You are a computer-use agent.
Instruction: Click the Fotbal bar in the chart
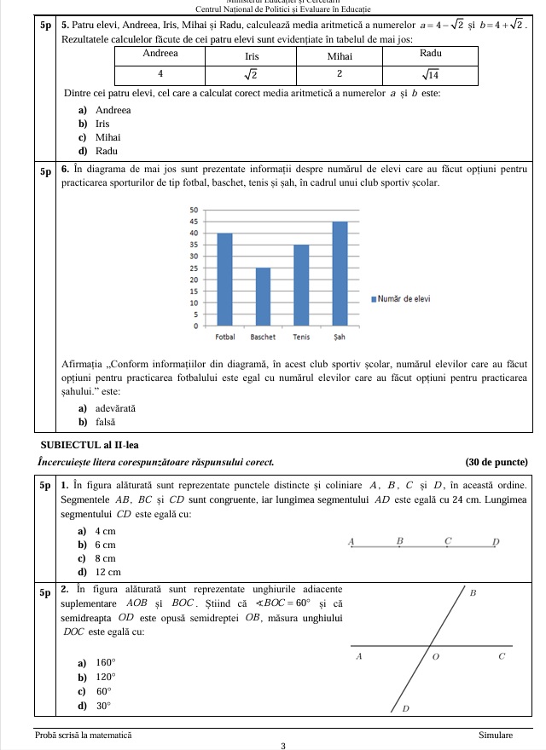(225, 280)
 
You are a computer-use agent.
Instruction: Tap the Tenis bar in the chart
(301, 286)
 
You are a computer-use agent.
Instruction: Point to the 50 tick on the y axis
(193, 210)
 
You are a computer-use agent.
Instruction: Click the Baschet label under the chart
(263, 337)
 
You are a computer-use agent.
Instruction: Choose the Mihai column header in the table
(340, 53)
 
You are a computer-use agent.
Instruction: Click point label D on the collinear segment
(495, 542)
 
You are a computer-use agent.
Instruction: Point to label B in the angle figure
(473, 591)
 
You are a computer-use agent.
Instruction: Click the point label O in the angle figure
(435, 658)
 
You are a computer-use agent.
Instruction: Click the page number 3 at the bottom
(282, 745)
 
